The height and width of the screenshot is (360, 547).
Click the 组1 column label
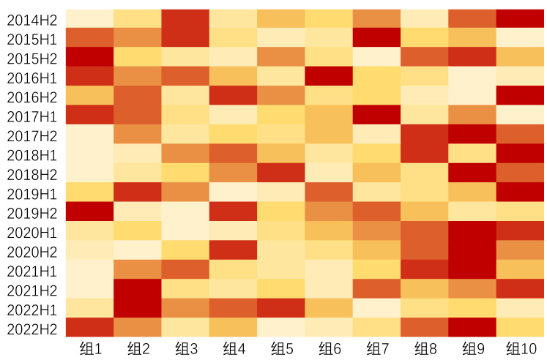pyautogui.click(x=89, y=348)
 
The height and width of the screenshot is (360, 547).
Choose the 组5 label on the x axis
pyautogui.click(x=280, y=348)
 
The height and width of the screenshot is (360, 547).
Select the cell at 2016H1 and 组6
pyautogui.click(x=329, y=76)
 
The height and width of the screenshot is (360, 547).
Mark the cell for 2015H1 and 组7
pyautogui.click(x=376, y=37)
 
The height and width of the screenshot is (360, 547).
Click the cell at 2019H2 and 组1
pyautogui.click(x=89, y=211)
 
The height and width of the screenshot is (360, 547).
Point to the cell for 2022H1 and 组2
pyautogui.click(x=137, y=308)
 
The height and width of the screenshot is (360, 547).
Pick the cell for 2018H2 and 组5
pyautogui.click(x=280, y=173)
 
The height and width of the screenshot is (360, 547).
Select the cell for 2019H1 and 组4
pyautogui.click(x=233, y=192)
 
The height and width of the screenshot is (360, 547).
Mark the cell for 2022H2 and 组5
pyautogui.click(x=280, y=327)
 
